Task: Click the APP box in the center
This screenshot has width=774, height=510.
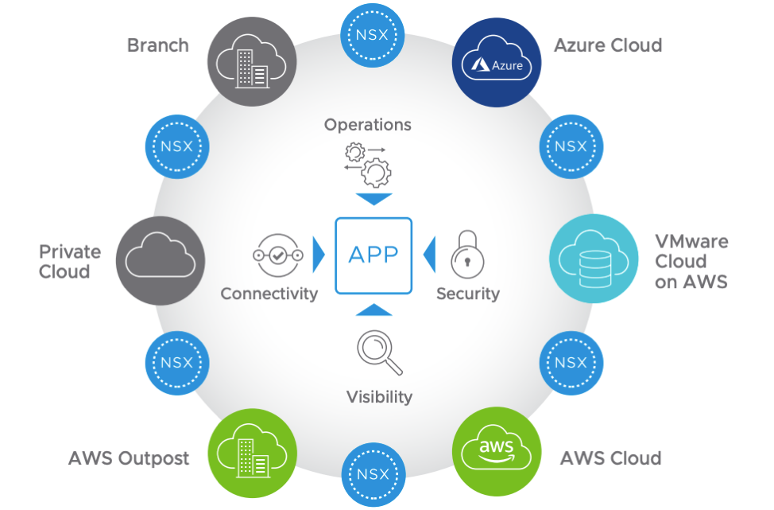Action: [x=373, y=255]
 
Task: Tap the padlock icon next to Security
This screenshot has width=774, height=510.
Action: [x=467, y=255]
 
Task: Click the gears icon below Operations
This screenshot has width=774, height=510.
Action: [x=368, y=162]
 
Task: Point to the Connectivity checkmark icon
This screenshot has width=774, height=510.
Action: [x=278, y=255]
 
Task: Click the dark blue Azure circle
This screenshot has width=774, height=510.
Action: [x=497, y=63]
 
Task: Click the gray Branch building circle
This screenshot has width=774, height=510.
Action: [x=252, y=63]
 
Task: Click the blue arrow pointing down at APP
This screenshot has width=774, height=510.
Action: [x=373, y=199]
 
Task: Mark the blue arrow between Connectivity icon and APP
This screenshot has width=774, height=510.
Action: [x=319, y=255]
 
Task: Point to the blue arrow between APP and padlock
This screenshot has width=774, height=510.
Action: [x=429, y=255]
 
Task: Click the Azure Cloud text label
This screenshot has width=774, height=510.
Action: [x=608, y=45]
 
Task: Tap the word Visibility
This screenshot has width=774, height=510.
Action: [x=379, y=396]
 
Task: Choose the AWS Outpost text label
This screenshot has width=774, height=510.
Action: [x=129, y=458]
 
